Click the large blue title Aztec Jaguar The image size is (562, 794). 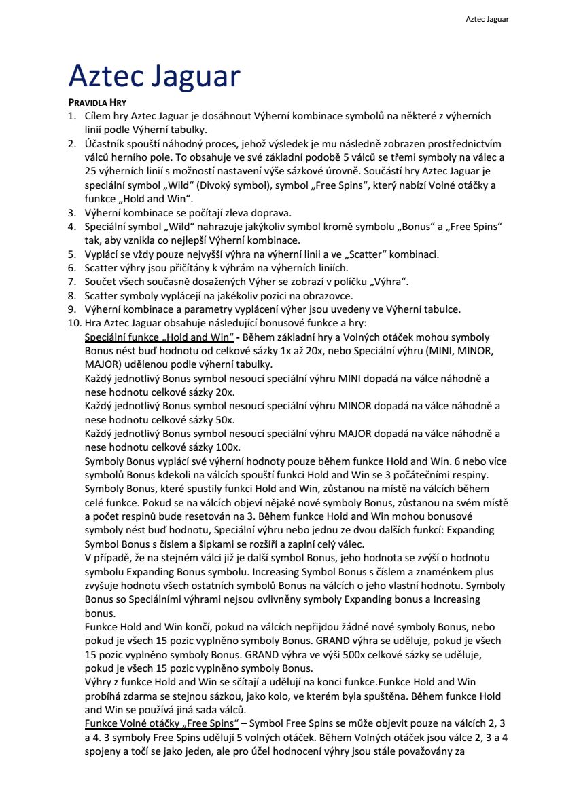154,77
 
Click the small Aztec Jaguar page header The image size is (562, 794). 487,19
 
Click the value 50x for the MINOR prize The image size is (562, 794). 226,419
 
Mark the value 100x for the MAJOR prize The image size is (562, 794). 228,447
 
